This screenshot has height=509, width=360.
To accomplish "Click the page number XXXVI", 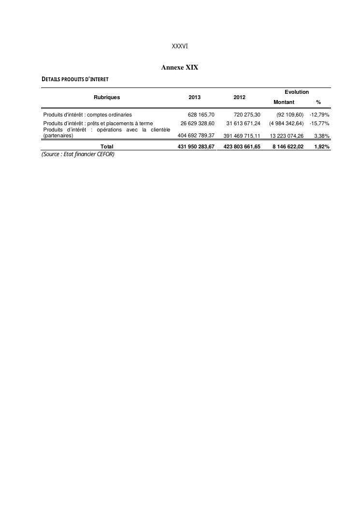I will click(180, 46).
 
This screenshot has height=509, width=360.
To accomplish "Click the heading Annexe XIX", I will click(180, 68).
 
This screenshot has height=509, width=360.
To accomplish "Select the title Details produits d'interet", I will click(75, 79).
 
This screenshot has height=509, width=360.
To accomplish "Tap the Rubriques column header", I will click(107, 97).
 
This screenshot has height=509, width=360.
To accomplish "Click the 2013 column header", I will click(194, 97).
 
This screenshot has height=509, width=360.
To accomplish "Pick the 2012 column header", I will click(239, 97).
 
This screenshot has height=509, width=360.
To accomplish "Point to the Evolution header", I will click(297, 92).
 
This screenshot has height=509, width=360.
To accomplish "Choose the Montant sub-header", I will click(284, 102).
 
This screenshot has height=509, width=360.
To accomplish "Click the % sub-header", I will click(318, 102).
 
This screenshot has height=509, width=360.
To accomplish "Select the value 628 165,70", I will click(201, 115).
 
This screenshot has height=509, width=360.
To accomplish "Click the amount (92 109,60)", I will click(290, 115).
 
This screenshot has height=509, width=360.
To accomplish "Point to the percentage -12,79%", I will click(319, 115).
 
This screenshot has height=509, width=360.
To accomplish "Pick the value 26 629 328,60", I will click(197, 123).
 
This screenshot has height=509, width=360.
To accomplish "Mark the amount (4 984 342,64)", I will click(286, 123).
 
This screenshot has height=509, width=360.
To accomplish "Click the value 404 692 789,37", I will click(196, 136).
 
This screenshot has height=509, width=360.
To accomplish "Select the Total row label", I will click(107, 146).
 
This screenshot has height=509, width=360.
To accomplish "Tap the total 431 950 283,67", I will click(196, 146).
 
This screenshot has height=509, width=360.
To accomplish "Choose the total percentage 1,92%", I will click(321, 146).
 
